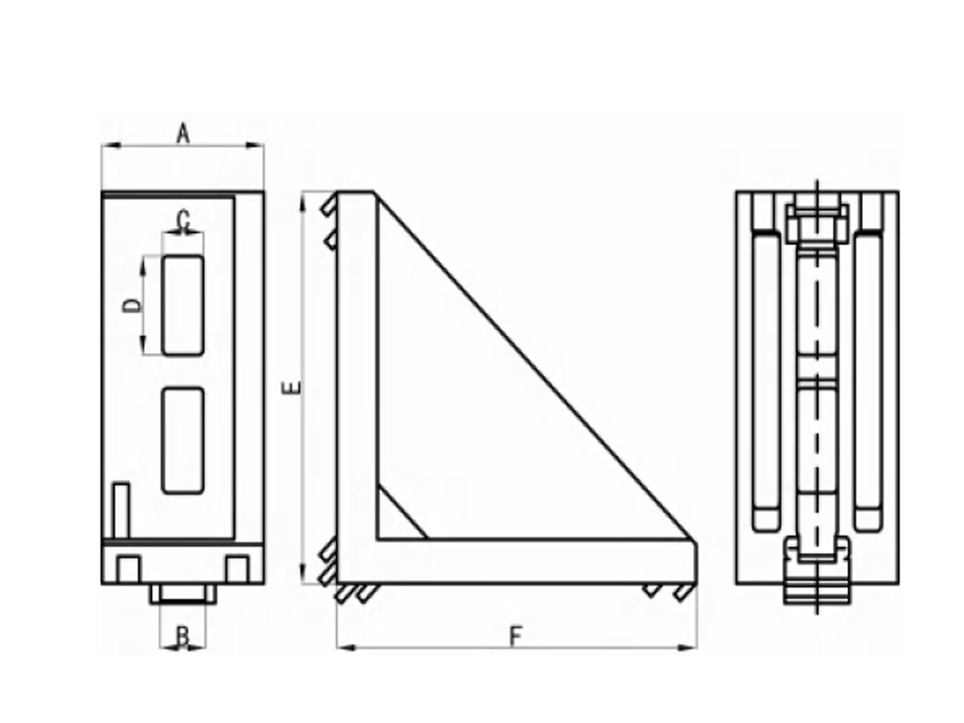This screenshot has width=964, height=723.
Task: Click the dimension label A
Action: click(x=183, y=134)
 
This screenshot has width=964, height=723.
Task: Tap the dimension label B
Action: click(x=183, y=636)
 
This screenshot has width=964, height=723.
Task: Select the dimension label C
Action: click(x=184, y=221)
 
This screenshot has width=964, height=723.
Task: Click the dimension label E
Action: click(x=292, y=387)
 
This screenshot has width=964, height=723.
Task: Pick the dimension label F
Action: click(x=515, y=636)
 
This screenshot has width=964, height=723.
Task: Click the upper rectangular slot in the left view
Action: click(x=183, y=305)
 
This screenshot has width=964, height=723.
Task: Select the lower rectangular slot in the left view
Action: click(x=183, y=440)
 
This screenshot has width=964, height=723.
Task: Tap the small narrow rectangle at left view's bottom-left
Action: click(x=122, y=509)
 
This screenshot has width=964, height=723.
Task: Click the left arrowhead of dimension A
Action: click(x=108, y=145)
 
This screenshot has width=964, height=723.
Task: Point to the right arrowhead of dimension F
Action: click(x=689, y=648)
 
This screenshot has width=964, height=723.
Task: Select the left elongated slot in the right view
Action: click(x=766, y=382)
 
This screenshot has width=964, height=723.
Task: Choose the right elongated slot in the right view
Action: click(x=868, y=382)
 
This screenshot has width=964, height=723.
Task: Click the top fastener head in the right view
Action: click(x=817, y=220)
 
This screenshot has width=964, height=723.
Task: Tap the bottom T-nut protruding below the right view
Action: click(x=817, y=587)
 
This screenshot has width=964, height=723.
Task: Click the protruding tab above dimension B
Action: click(x=183, y=594)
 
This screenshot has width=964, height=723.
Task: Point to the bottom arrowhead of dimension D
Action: click(x=143, y=348)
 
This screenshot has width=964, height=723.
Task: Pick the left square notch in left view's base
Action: click(x=128, y=568)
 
